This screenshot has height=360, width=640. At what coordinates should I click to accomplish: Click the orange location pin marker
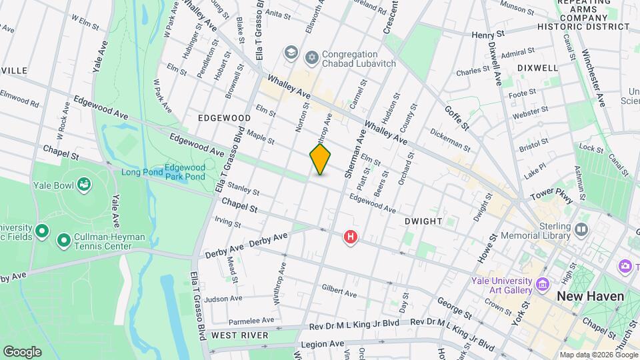(x=320, y=159)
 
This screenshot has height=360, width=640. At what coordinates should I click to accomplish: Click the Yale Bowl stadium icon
(x=84, y=183)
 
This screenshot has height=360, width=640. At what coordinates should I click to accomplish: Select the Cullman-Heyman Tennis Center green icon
(x=64, y=239)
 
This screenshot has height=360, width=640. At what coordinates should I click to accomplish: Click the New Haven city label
(x=590, y=296)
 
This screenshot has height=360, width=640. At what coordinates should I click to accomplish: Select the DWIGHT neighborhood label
(x=423, y=221)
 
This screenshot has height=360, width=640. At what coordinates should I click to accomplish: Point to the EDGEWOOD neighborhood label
(x=224, y=118)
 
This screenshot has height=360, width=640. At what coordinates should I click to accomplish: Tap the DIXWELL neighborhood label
(x=537, y=68)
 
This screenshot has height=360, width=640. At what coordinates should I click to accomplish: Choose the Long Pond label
(x=141, y=172)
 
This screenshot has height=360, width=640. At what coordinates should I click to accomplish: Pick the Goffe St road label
(x=457, y=117)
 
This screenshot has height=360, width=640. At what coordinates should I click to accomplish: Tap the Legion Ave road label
(x=323, y=344)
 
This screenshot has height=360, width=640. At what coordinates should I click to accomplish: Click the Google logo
(x=22, y=351)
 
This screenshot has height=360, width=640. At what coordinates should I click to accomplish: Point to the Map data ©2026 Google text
(x=598, y=355)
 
